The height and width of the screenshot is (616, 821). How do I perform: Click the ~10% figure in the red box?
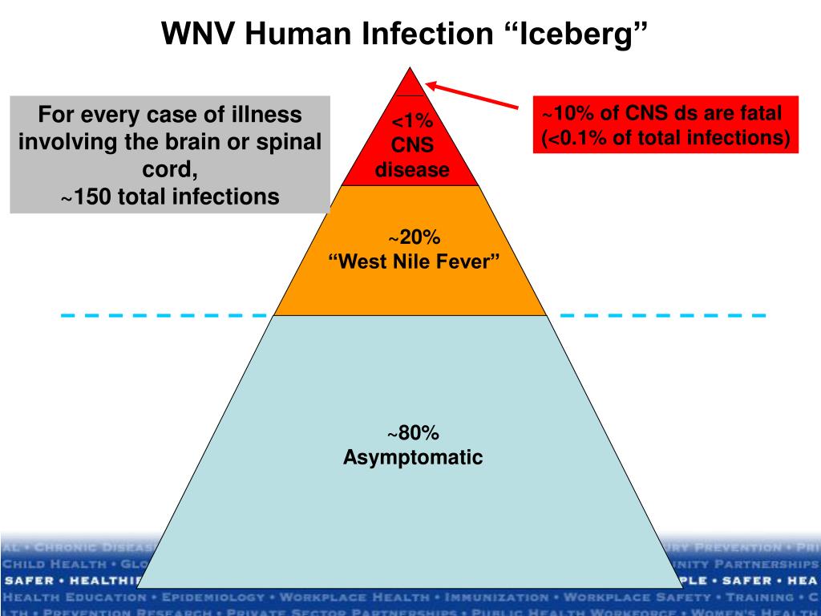568,113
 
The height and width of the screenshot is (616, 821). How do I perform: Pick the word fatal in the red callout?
758,113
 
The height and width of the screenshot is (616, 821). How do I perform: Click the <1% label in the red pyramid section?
412,122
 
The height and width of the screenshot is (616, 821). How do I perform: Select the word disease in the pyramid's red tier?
412,170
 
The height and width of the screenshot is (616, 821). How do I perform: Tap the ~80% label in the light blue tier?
414,434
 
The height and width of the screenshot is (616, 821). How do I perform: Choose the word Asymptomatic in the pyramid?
413,458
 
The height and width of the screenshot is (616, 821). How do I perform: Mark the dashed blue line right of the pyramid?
661,315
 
